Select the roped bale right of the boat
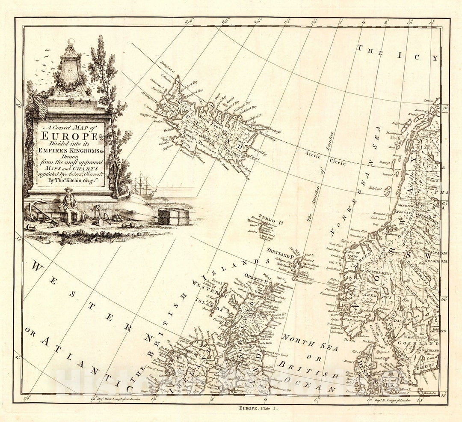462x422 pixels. coord(173,216)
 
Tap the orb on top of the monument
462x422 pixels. coord(71,42)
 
